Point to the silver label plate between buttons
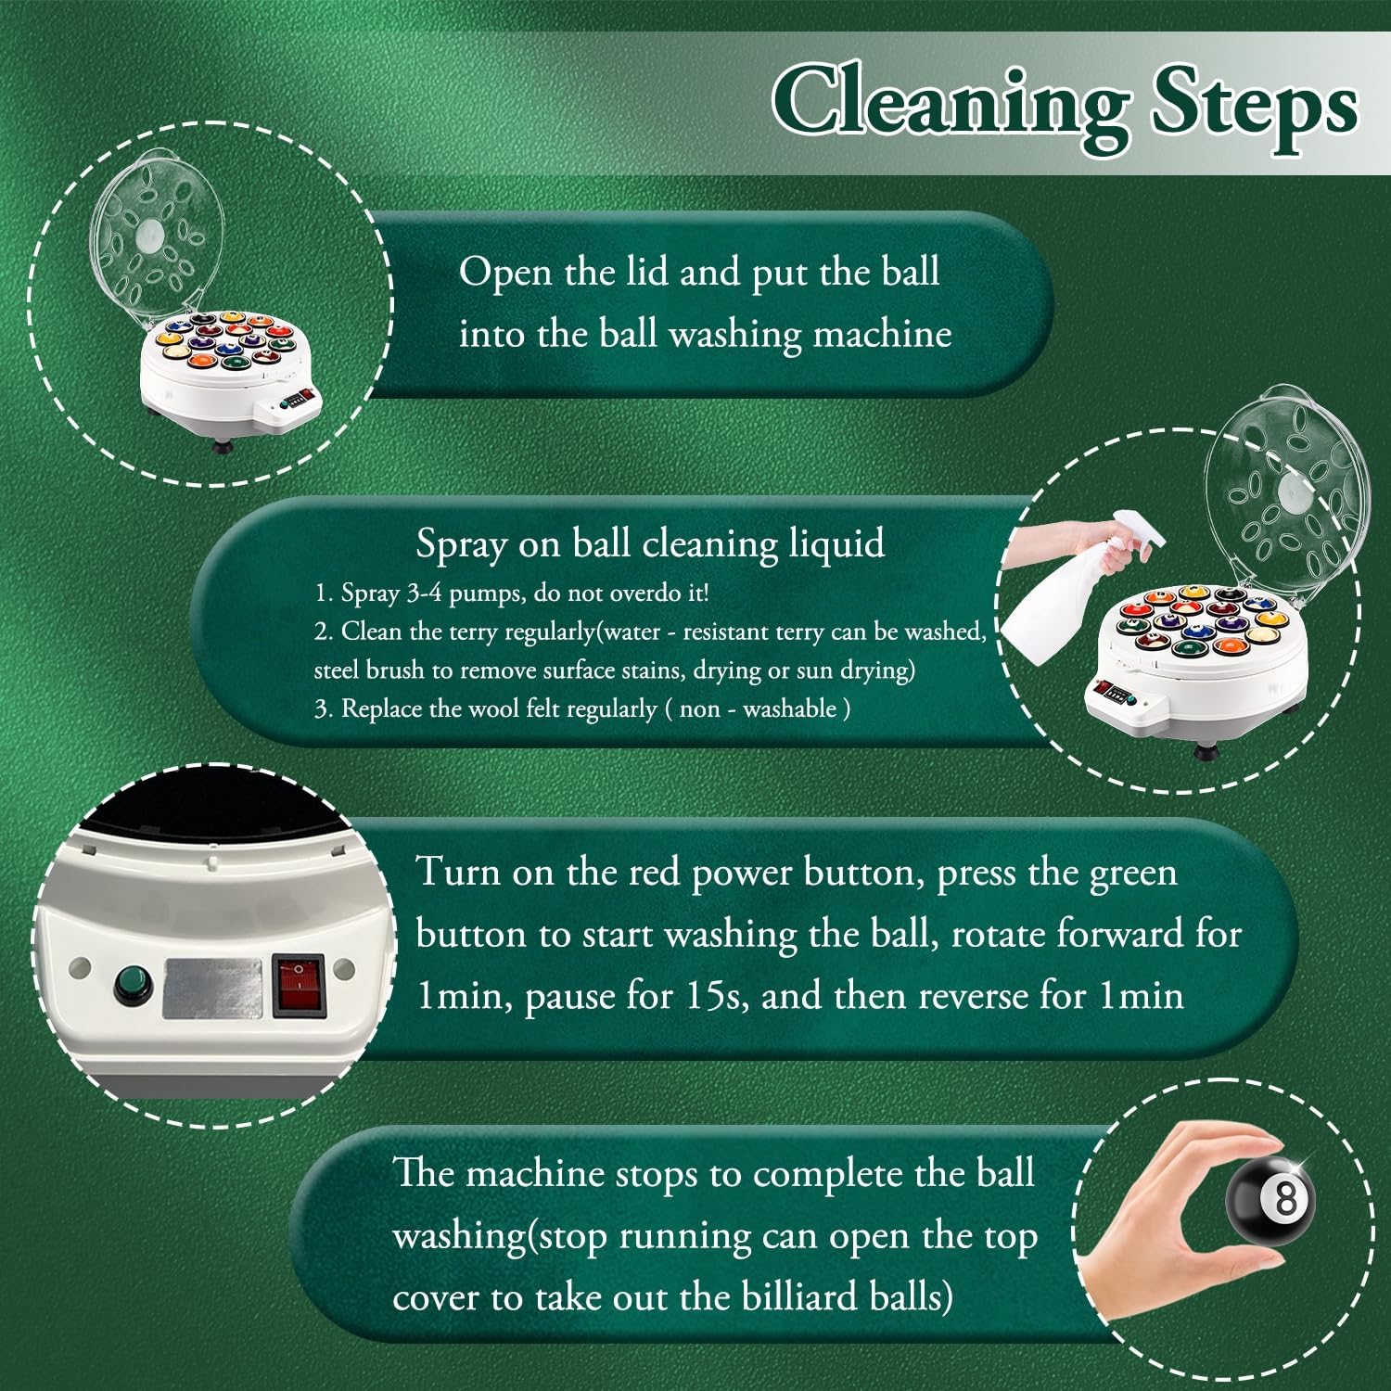click(212, 989)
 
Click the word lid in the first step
click(641, 272)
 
